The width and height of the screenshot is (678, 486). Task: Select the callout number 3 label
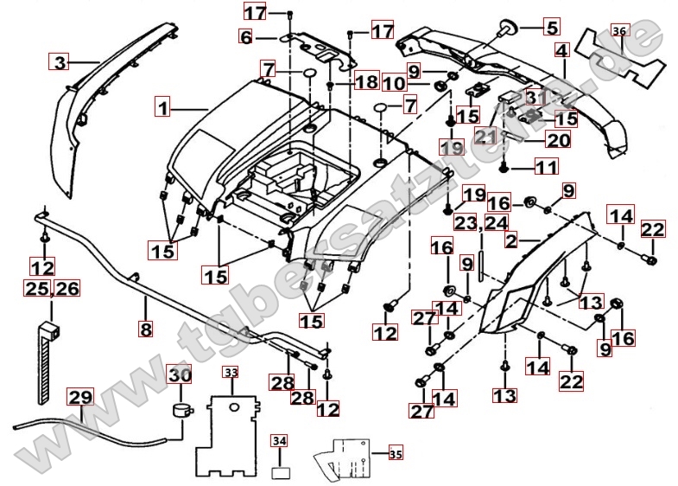[59, 61]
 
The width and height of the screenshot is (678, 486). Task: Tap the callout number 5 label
[551, 27]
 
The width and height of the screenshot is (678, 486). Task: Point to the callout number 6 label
[247, 37]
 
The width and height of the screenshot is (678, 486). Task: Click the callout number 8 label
[146, 328]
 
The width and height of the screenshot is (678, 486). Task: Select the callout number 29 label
[80, 398]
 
